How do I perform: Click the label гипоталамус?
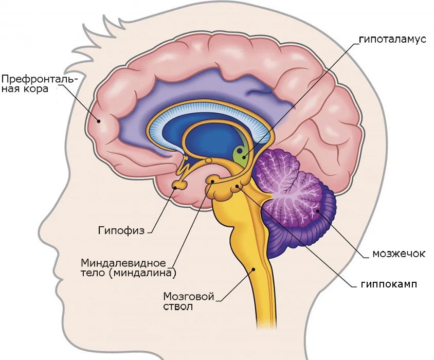[x=392, y=39]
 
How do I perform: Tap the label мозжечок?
[x=399, y=254]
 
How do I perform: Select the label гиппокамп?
[x=389, y=284]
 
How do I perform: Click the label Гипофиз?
[x=121, y=230]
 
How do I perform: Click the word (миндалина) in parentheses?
[x=142, y=273]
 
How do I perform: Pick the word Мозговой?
[x=189, y=297]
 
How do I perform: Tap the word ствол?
[x=178, y=307]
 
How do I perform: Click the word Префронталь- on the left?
[x=40, y=79]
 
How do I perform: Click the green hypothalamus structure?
[x=240, y=155]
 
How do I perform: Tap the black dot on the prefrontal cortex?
[x=98, y=120]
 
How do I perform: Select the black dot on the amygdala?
[x=212, y=182]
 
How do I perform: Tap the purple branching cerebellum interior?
[x=288, y=188]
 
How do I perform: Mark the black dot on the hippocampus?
[x=238, y=186]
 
